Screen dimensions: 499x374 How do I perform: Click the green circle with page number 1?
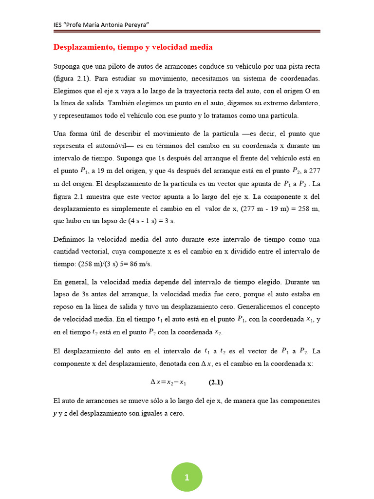(187, 477)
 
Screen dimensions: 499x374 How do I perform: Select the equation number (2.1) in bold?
(216, 383)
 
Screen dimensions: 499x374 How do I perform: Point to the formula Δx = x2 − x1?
(168, 383)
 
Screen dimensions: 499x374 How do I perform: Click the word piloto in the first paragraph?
(113, 66)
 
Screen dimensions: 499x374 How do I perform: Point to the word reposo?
(64, 306)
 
